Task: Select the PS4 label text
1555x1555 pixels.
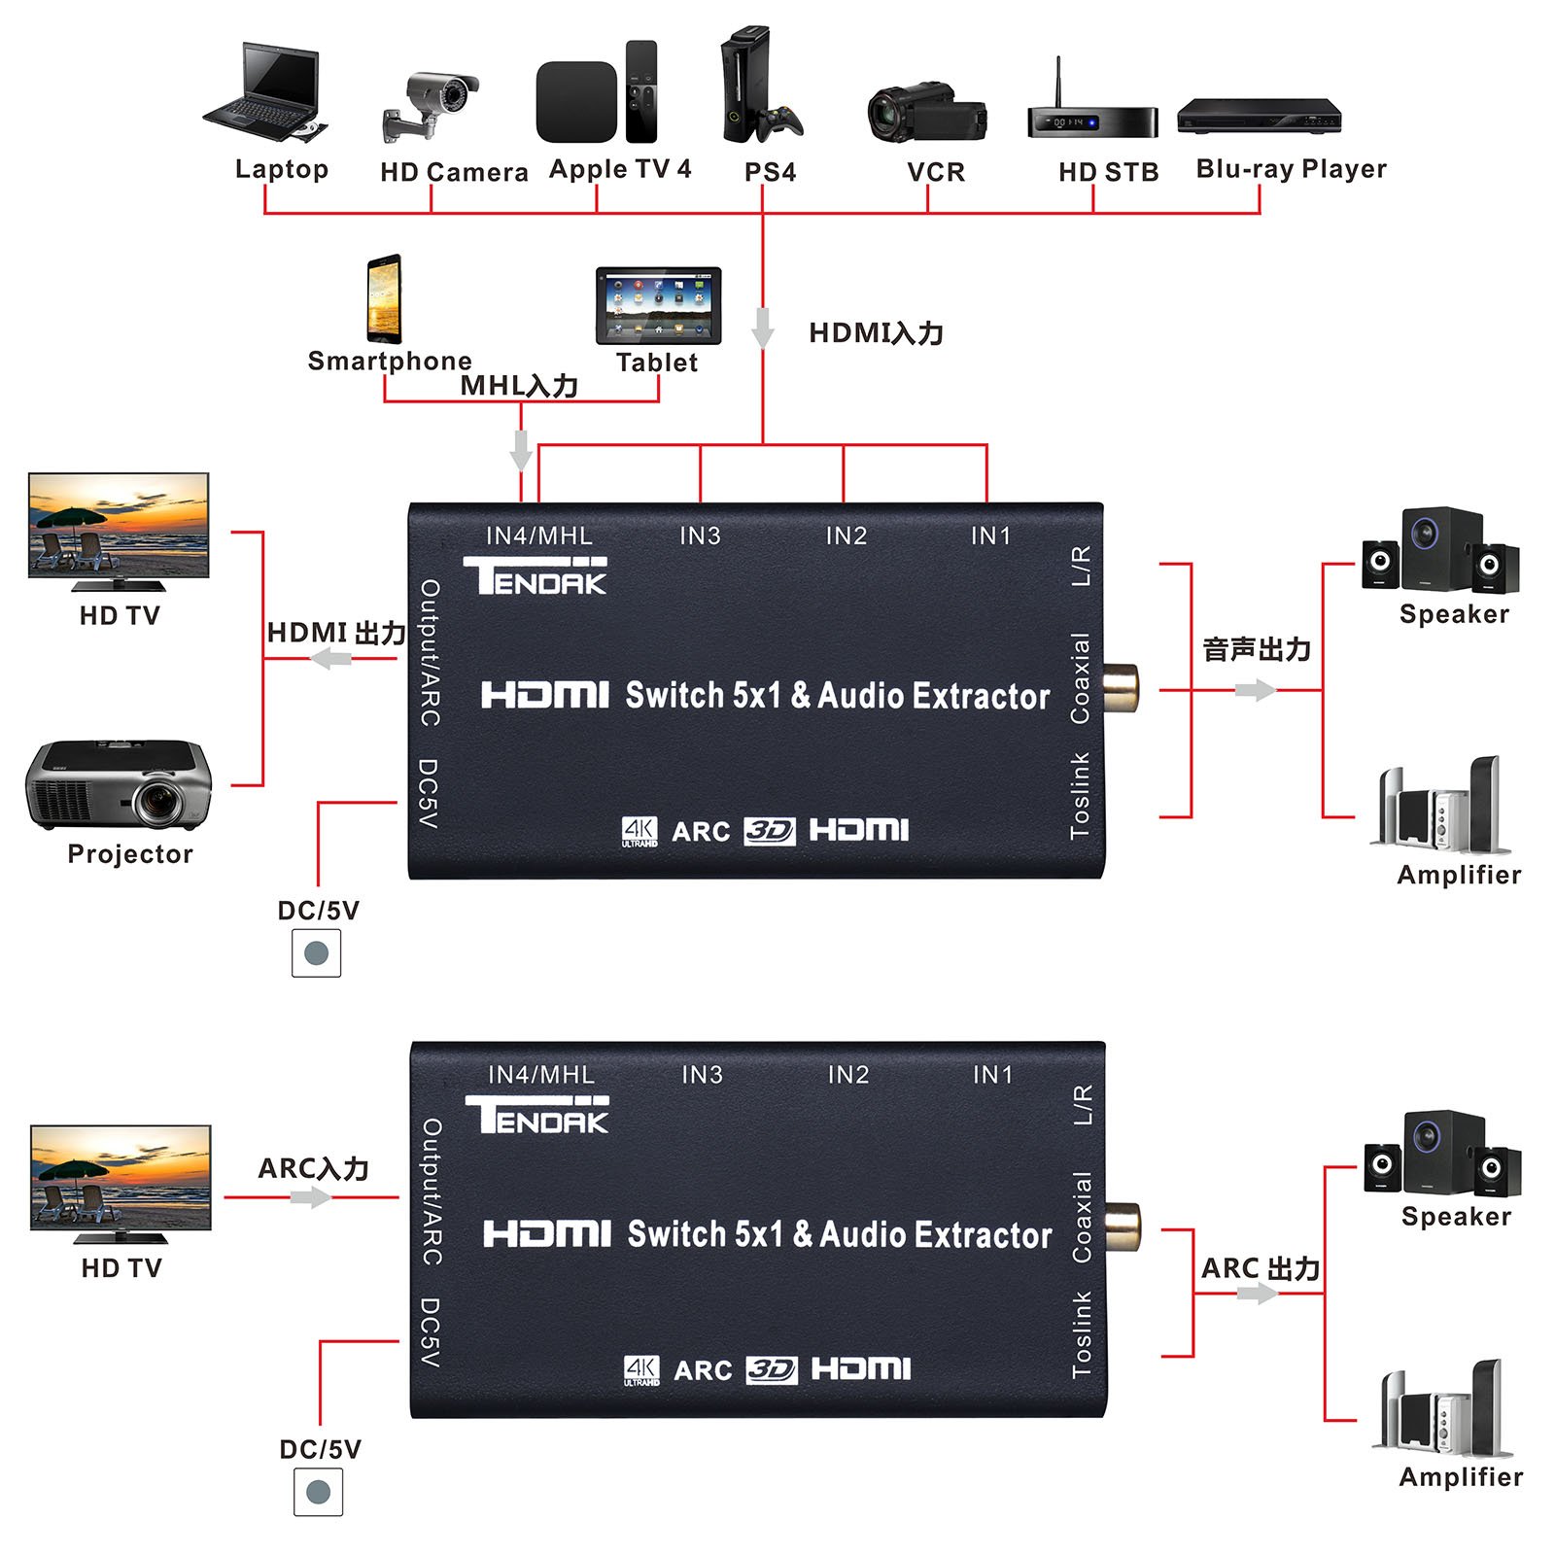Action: pos(770,173)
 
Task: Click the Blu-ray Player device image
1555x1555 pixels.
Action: pos(1259,116)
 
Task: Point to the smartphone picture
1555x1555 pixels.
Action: pos(384,299)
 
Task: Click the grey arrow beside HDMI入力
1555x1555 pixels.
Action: pos(763,328)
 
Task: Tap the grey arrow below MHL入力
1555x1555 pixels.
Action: pos(521,449)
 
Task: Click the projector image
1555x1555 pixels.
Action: pos(119,785)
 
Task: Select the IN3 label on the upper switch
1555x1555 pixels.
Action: pos(700,536)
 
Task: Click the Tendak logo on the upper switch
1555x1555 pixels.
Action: pos(535,575)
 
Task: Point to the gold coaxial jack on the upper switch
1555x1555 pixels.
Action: pos(1120,688)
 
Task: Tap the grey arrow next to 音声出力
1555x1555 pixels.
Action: pos(1255,690)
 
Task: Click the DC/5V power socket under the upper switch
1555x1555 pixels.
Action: pos(317,952)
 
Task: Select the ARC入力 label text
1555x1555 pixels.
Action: pos(313,1168)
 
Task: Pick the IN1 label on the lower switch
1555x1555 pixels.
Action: pos(992,1075)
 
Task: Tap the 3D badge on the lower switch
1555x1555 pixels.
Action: pos(772,1369)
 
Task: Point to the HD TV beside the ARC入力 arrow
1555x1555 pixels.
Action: pos(121,1183)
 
